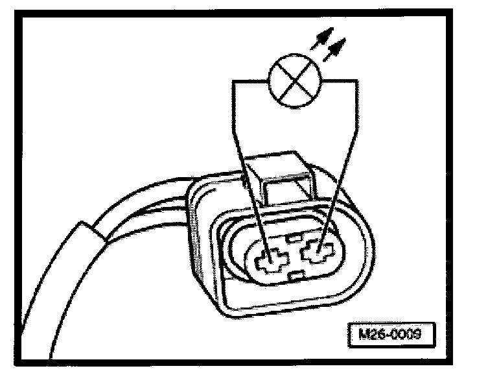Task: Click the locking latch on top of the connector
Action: click(x=279, y=172)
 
